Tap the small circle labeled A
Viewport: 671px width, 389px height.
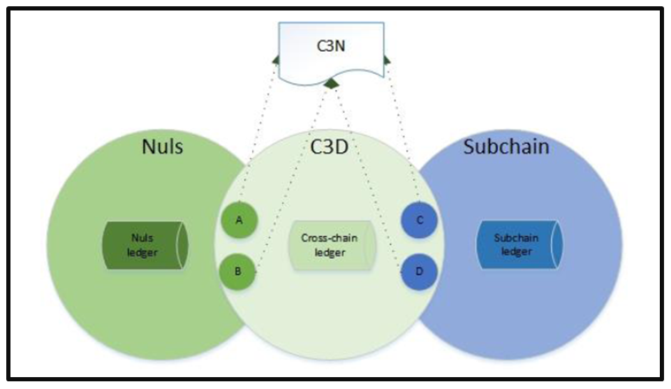coord(239,221)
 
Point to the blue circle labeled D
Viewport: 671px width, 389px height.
coord(420,271)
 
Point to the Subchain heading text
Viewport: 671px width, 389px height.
coord(506,148)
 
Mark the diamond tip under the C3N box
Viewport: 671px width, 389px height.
coord(333,84)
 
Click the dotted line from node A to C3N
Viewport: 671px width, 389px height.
coord(260,133)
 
